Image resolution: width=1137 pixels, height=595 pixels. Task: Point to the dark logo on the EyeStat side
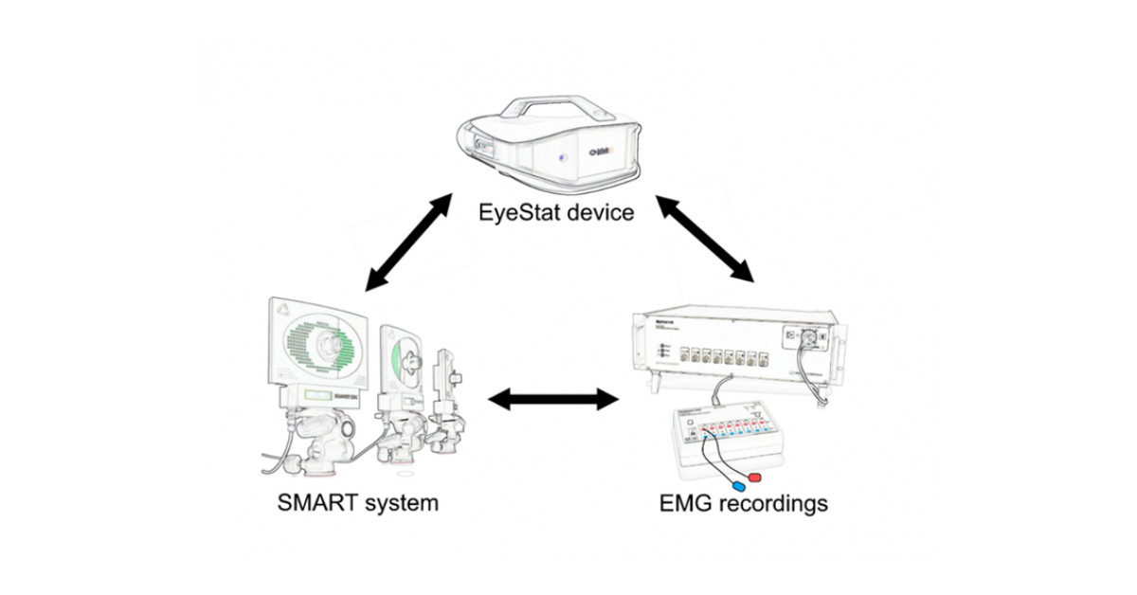(599, 152)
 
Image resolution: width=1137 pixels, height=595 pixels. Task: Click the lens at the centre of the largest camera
(334, 340)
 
